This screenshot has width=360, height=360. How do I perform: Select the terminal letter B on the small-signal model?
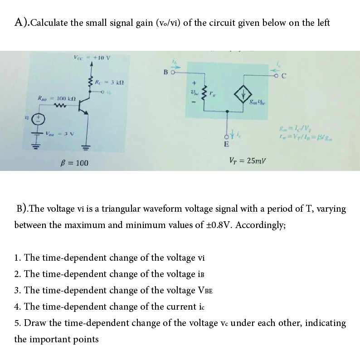pyautogui.click(x=166, y=71)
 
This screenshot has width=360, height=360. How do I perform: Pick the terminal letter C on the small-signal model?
pyautogui.click(x=283, y=76)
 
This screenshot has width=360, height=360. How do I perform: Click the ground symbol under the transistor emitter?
pyautogui.click(x=87, y=148)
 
